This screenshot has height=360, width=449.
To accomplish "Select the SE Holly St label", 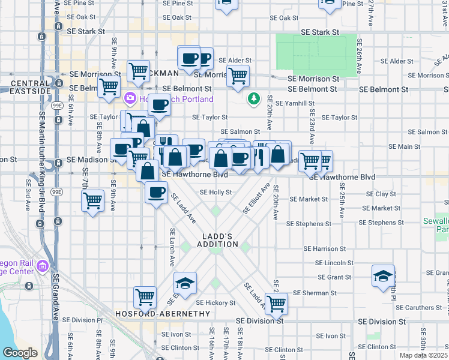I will tap(215, 193).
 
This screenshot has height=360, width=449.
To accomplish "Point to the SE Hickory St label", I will tap(215, 303).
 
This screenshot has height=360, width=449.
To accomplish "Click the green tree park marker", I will tap(255, 97).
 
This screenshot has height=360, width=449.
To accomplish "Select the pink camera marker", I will tap(129, 98).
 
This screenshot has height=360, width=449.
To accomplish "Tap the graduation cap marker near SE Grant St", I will tap(383, 276).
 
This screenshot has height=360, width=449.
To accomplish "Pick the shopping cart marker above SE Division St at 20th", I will tap(276, 303).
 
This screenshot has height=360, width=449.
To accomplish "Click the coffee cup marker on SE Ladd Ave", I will tap(157, 192).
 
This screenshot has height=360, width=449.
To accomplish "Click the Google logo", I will tap(20, 353).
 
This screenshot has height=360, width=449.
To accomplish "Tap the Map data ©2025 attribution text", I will tap(423, 355).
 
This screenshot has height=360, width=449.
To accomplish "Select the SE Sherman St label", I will tap(317, 293).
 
